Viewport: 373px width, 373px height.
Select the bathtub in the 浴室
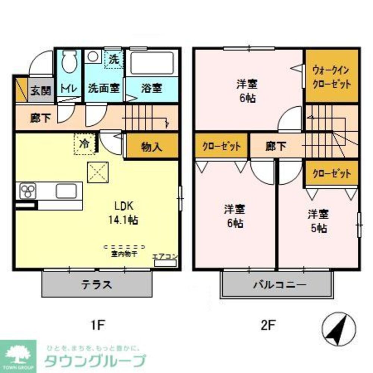[x=152, y=63]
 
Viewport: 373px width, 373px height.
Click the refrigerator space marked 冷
[x=85, y=144]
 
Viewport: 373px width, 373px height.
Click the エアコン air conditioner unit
[x=165, y=263]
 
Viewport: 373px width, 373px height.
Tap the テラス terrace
[x=97, y=284]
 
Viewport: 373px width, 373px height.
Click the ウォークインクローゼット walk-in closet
[x=332, y=76]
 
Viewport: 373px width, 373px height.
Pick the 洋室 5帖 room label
[x=318, y=221]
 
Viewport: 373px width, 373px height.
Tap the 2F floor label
[x=268, y=326]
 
